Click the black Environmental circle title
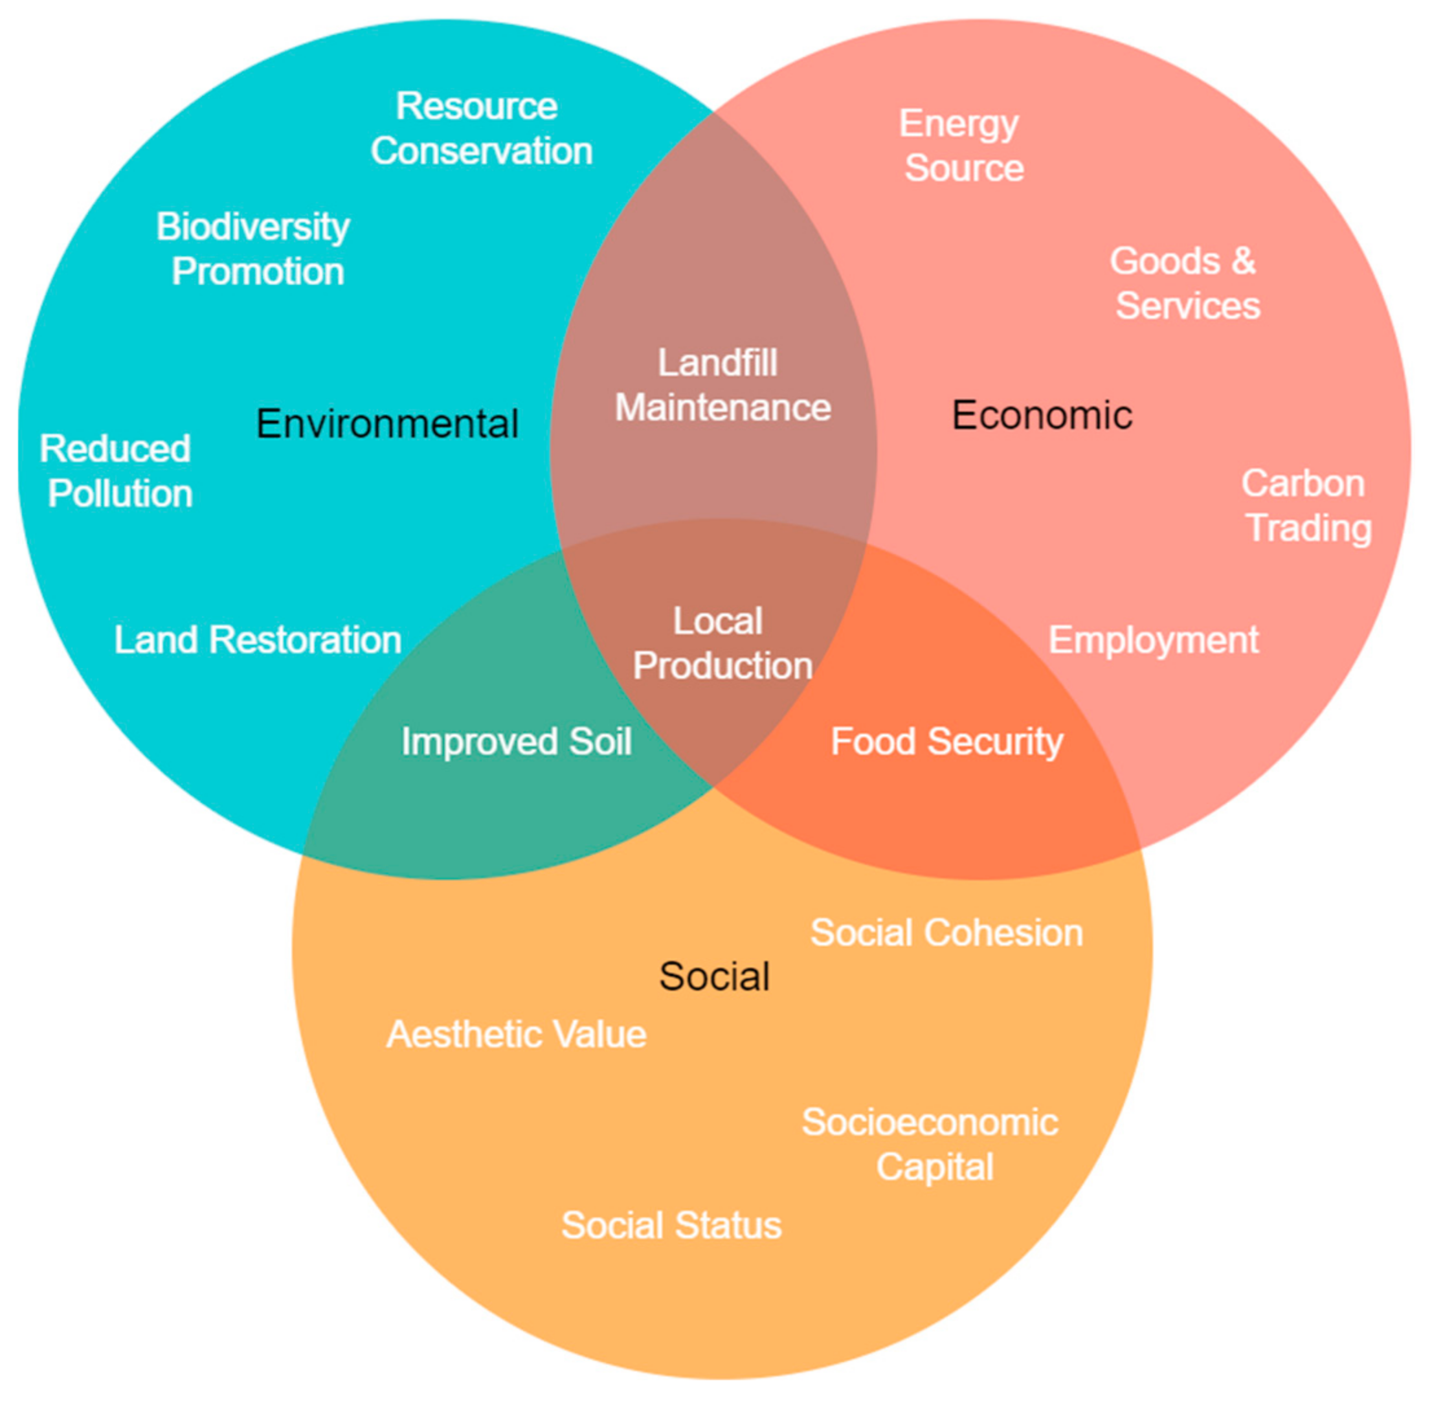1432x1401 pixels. (387, 424)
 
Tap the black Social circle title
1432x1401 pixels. (714, 976)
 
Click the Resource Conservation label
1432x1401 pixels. (480, 129)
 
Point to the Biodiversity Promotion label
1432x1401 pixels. (254, 249)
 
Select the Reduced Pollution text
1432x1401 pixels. (117, 471)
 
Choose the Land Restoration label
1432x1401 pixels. (258, 640)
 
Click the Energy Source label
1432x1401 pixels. (962, 146)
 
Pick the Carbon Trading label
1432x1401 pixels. (1306, 506)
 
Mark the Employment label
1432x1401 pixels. (1153, 640)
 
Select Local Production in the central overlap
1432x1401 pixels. (721, 644)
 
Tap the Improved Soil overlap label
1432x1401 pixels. (516, 741)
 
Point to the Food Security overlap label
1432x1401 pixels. (947, 741)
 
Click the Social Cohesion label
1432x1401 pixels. (946, 932)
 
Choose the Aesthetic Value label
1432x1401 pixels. (516, 1034)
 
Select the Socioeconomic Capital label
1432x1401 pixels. (931, 1145)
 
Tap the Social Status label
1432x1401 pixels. (671, 1225)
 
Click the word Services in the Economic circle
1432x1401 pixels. (1188, 306)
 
